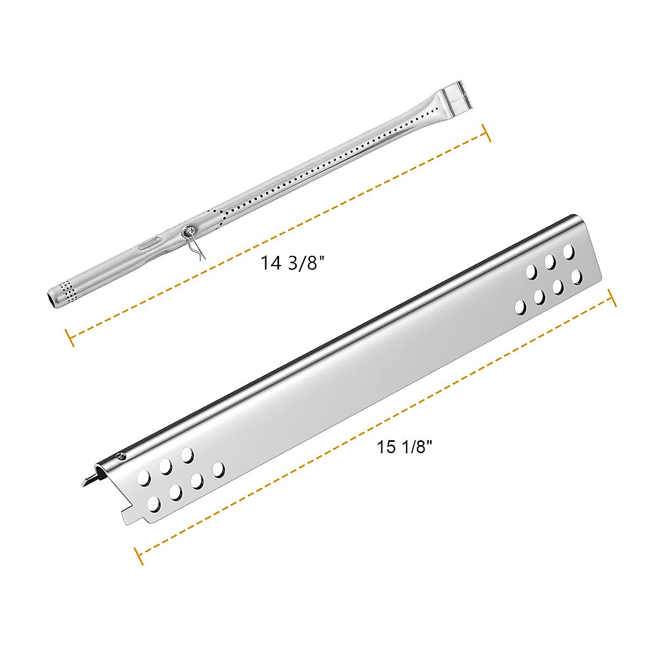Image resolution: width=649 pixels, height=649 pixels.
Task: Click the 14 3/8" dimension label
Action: [x=292, y=263]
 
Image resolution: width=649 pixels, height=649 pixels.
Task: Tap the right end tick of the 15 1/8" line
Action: [x=612, y=298]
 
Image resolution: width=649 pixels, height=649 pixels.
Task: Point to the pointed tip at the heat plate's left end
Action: [x=84, y=480]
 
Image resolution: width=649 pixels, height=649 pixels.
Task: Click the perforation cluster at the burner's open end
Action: [x=68, y=289]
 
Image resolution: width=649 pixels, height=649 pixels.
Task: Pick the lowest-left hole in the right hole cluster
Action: [x=520, y=307]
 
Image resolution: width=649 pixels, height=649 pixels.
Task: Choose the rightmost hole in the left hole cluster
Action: [x=218, y=469]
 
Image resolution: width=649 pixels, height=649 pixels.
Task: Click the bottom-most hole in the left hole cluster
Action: [x=154, y=505]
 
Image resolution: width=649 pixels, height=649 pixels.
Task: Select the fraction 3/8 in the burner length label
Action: [x=308, y=263]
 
